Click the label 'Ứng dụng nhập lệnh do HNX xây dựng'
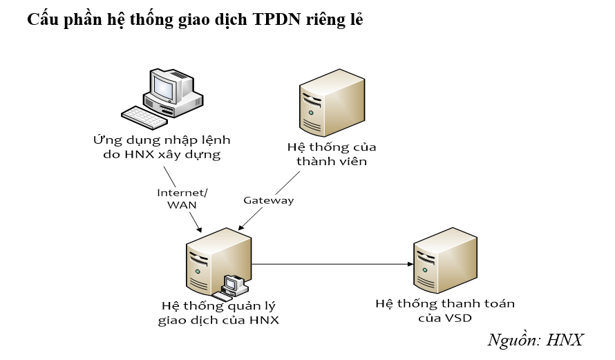pos(162,147)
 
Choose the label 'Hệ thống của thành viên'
pos(331,155)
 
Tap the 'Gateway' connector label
pos(268,200)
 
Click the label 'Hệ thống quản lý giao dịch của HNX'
pos(218,312)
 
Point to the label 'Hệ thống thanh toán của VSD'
pos(445,310)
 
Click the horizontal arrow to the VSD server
pos(332,264)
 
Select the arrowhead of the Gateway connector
pos(240,227)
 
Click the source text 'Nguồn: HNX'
pos(536,341)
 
